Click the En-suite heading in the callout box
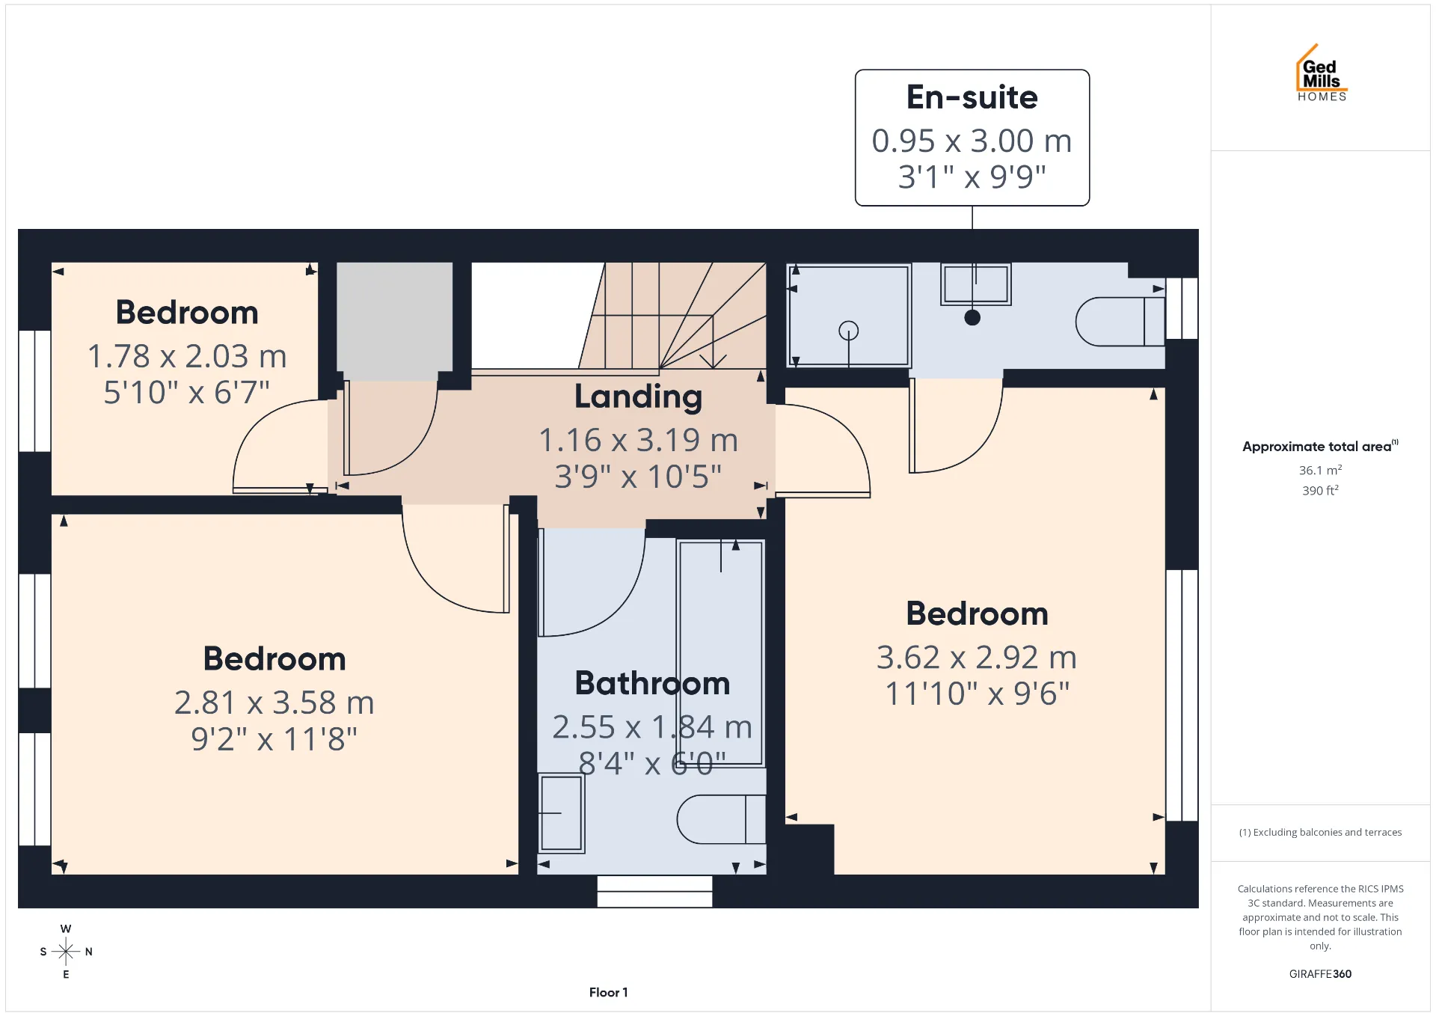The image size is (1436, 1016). pyautogui.click(x=972, y=97)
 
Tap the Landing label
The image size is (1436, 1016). pyautogui.click(x=638, y=397)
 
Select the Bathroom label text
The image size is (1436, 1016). pyautogui.click(x=652, y=683)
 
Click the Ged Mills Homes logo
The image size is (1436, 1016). pyautogui.click(x=1322, y=73)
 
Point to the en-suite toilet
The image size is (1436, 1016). pyautogui.click(x=1120, y=322)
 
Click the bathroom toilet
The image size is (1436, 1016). pyautogui.click(x=721, y=819)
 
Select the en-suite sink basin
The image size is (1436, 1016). pyautogui.click(x=976, y=284)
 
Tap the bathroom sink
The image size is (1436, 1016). pyautogui.click(x=562, y=813)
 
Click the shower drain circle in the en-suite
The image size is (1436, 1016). pyautogui.click(x=849, y=330)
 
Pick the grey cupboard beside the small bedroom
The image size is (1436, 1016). pyautogui.click(x=395, y=320)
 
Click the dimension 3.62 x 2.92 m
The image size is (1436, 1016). pyautogui.click(x=976, y=658)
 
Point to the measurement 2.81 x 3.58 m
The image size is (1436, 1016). pyautogui.click(x=274, y=703)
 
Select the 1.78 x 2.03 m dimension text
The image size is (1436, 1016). pyautogui.click(x=187, y=356)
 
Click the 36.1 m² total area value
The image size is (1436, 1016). pyautogui.click(x=1320, y=470)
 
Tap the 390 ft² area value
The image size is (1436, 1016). pyautogui.click(x=1320, y=490)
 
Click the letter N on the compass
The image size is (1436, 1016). pyautogui.click(x=89, y=952)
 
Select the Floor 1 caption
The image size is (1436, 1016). pyautogui.click(x=608, y=992)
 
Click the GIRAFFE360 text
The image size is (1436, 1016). pyautogui.click(x=1320, y=973)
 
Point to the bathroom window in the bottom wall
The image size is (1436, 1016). pyautogui.click(x=654, y=891)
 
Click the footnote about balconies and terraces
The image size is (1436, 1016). pyautogui.click(x=1320, y=832)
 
